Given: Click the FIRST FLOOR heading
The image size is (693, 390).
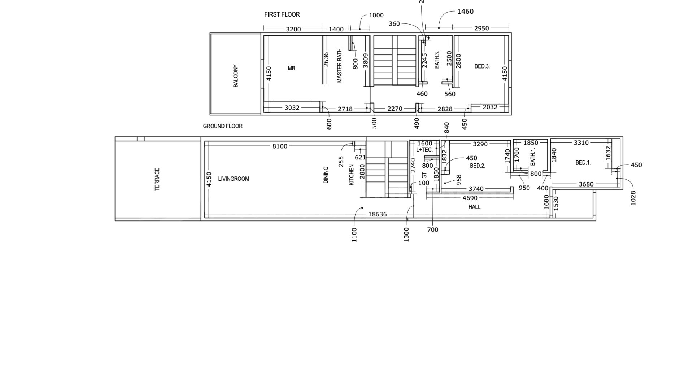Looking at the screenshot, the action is [x=282, y=14].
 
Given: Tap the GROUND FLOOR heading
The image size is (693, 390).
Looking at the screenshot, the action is [x=223, y=126].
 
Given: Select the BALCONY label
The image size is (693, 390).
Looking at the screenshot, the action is [x=236, y=76].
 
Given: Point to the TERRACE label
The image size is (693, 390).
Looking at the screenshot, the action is [x=157, y=179].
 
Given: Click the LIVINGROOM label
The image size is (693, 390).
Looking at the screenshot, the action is [x=234, y=179].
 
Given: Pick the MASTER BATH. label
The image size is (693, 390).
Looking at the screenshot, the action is [x=339, y=65].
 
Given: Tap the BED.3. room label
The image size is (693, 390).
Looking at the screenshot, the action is [x=482, y=66].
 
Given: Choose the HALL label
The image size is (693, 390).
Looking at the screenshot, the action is [x=475, y=207].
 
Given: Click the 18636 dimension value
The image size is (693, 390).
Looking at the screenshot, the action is [x=378, y=214].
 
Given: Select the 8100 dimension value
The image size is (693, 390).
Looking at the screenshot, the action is [x=280, y=146].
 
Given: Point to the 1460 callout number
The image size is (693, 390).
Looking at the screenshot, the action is [x=465, y=12].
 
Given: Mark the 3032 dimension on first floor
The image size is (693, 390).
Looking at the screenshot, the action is [x=292, y=108].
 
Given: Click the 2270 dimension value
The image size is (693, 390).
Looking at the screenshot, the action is [x=395, y=109].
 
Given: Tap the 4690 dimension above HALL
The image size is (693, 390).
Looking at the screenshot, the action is [x=470, y=198].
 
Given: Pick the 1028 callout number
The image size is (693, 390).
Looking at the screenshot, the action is [x=633, y=198].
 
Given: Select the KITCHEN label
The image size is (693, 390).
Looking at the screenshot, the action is [x=352, y=175].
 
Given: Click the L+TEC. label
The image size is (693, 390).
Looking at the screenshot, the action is [x=424, y=150].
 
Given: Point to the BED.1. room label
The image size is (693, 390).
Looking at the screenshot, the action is [x=583, y=163].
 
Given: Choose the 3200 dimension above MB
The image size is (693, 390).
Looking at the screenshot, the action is [x=293, y=29].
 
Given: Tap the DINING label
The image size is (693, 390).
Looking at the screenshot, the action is [x=326, y=175].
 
